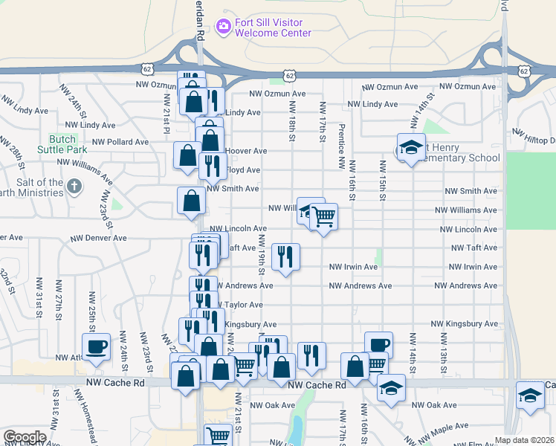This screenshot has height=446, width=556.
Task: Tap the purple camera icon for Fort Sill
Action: coord(223,27)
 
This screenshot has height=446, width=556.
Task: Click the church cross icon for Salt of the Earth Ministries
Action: coord(74,187)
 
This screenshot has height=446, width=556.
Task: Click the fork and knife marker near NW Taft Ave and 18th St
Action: coord(286,257)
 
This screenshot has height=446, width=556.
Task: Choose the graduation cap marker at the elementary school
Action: coord(410,148)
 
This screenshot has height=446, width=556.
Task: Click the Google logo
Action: coord(25,437)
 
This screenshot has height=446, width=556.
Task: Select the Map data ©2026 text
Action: coord(525,440)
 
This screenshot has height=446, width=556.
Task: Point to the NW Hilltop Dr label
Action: coord(534,135)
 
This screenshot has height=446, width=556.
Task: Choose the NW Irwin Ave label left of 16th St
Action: coord(353,267)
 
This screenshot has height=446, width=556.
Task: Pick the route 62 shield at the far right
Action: coord(525,71)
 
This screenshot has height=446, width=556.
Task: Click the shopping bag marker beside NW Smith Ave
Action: coord(192,199)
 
